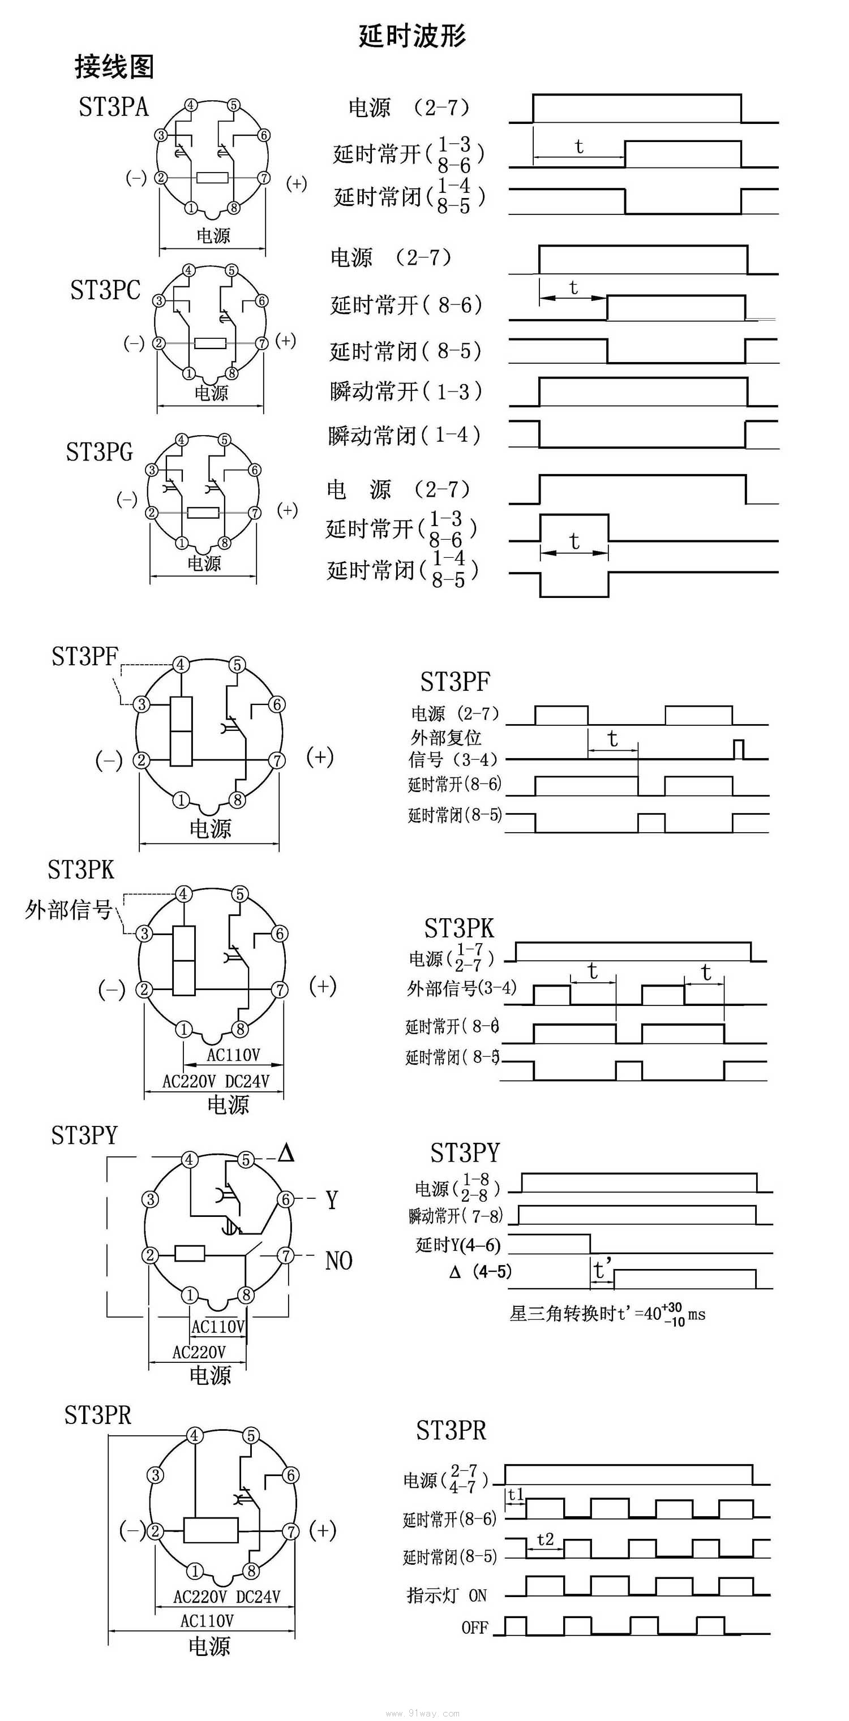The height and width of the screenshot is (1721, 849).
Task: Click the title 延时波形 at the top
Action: (x=412, y=36)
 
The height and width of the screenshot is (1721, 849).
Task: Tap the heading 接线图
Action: (x=114, y=67)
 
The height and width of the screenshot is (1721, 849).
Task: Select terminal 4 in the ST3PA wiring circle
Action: (x=191, y=105)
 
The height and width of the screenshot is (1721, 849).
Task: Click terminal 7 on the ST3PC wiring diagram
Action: (x=262, y=343)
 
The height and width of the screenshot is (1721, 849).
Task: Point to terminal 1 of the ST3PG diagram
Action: (x=181, y=543)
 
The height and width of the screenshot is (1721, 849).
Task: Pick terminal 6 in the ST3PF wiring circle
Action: (x=277, y=704)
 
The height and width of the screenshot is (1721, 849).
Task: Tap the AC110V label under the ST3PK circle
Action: (x=233, y=1055)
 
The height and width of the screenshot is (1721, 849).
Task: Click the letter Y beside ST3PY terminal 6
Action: (x=332, y=1200)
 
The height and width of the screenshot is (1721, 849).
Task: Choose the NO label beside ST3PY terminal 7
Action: (x=338, y=1260)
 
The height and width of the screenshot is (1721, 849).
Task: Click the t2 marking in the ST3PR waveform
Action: (x=545, y=1539)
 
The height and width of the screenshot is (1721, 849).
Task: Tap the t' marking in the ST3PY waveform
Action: (x=602, y=1269)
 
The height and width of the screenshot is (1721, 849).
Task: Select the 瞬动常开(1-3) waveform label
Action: (x=406, y=391)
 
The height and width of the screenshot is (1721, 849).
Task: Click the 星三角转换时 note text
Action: (x=561, y=1314)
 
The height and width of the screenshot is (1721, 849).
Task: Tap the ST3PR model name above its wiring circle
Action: (x=97, y=1415)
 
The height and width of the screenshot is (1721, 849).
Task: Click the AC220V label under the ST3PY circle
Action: (x=199, y=1352)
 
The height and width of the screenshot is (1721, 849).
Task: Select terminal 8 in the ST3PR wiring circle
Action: (x=251, y=1571)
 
